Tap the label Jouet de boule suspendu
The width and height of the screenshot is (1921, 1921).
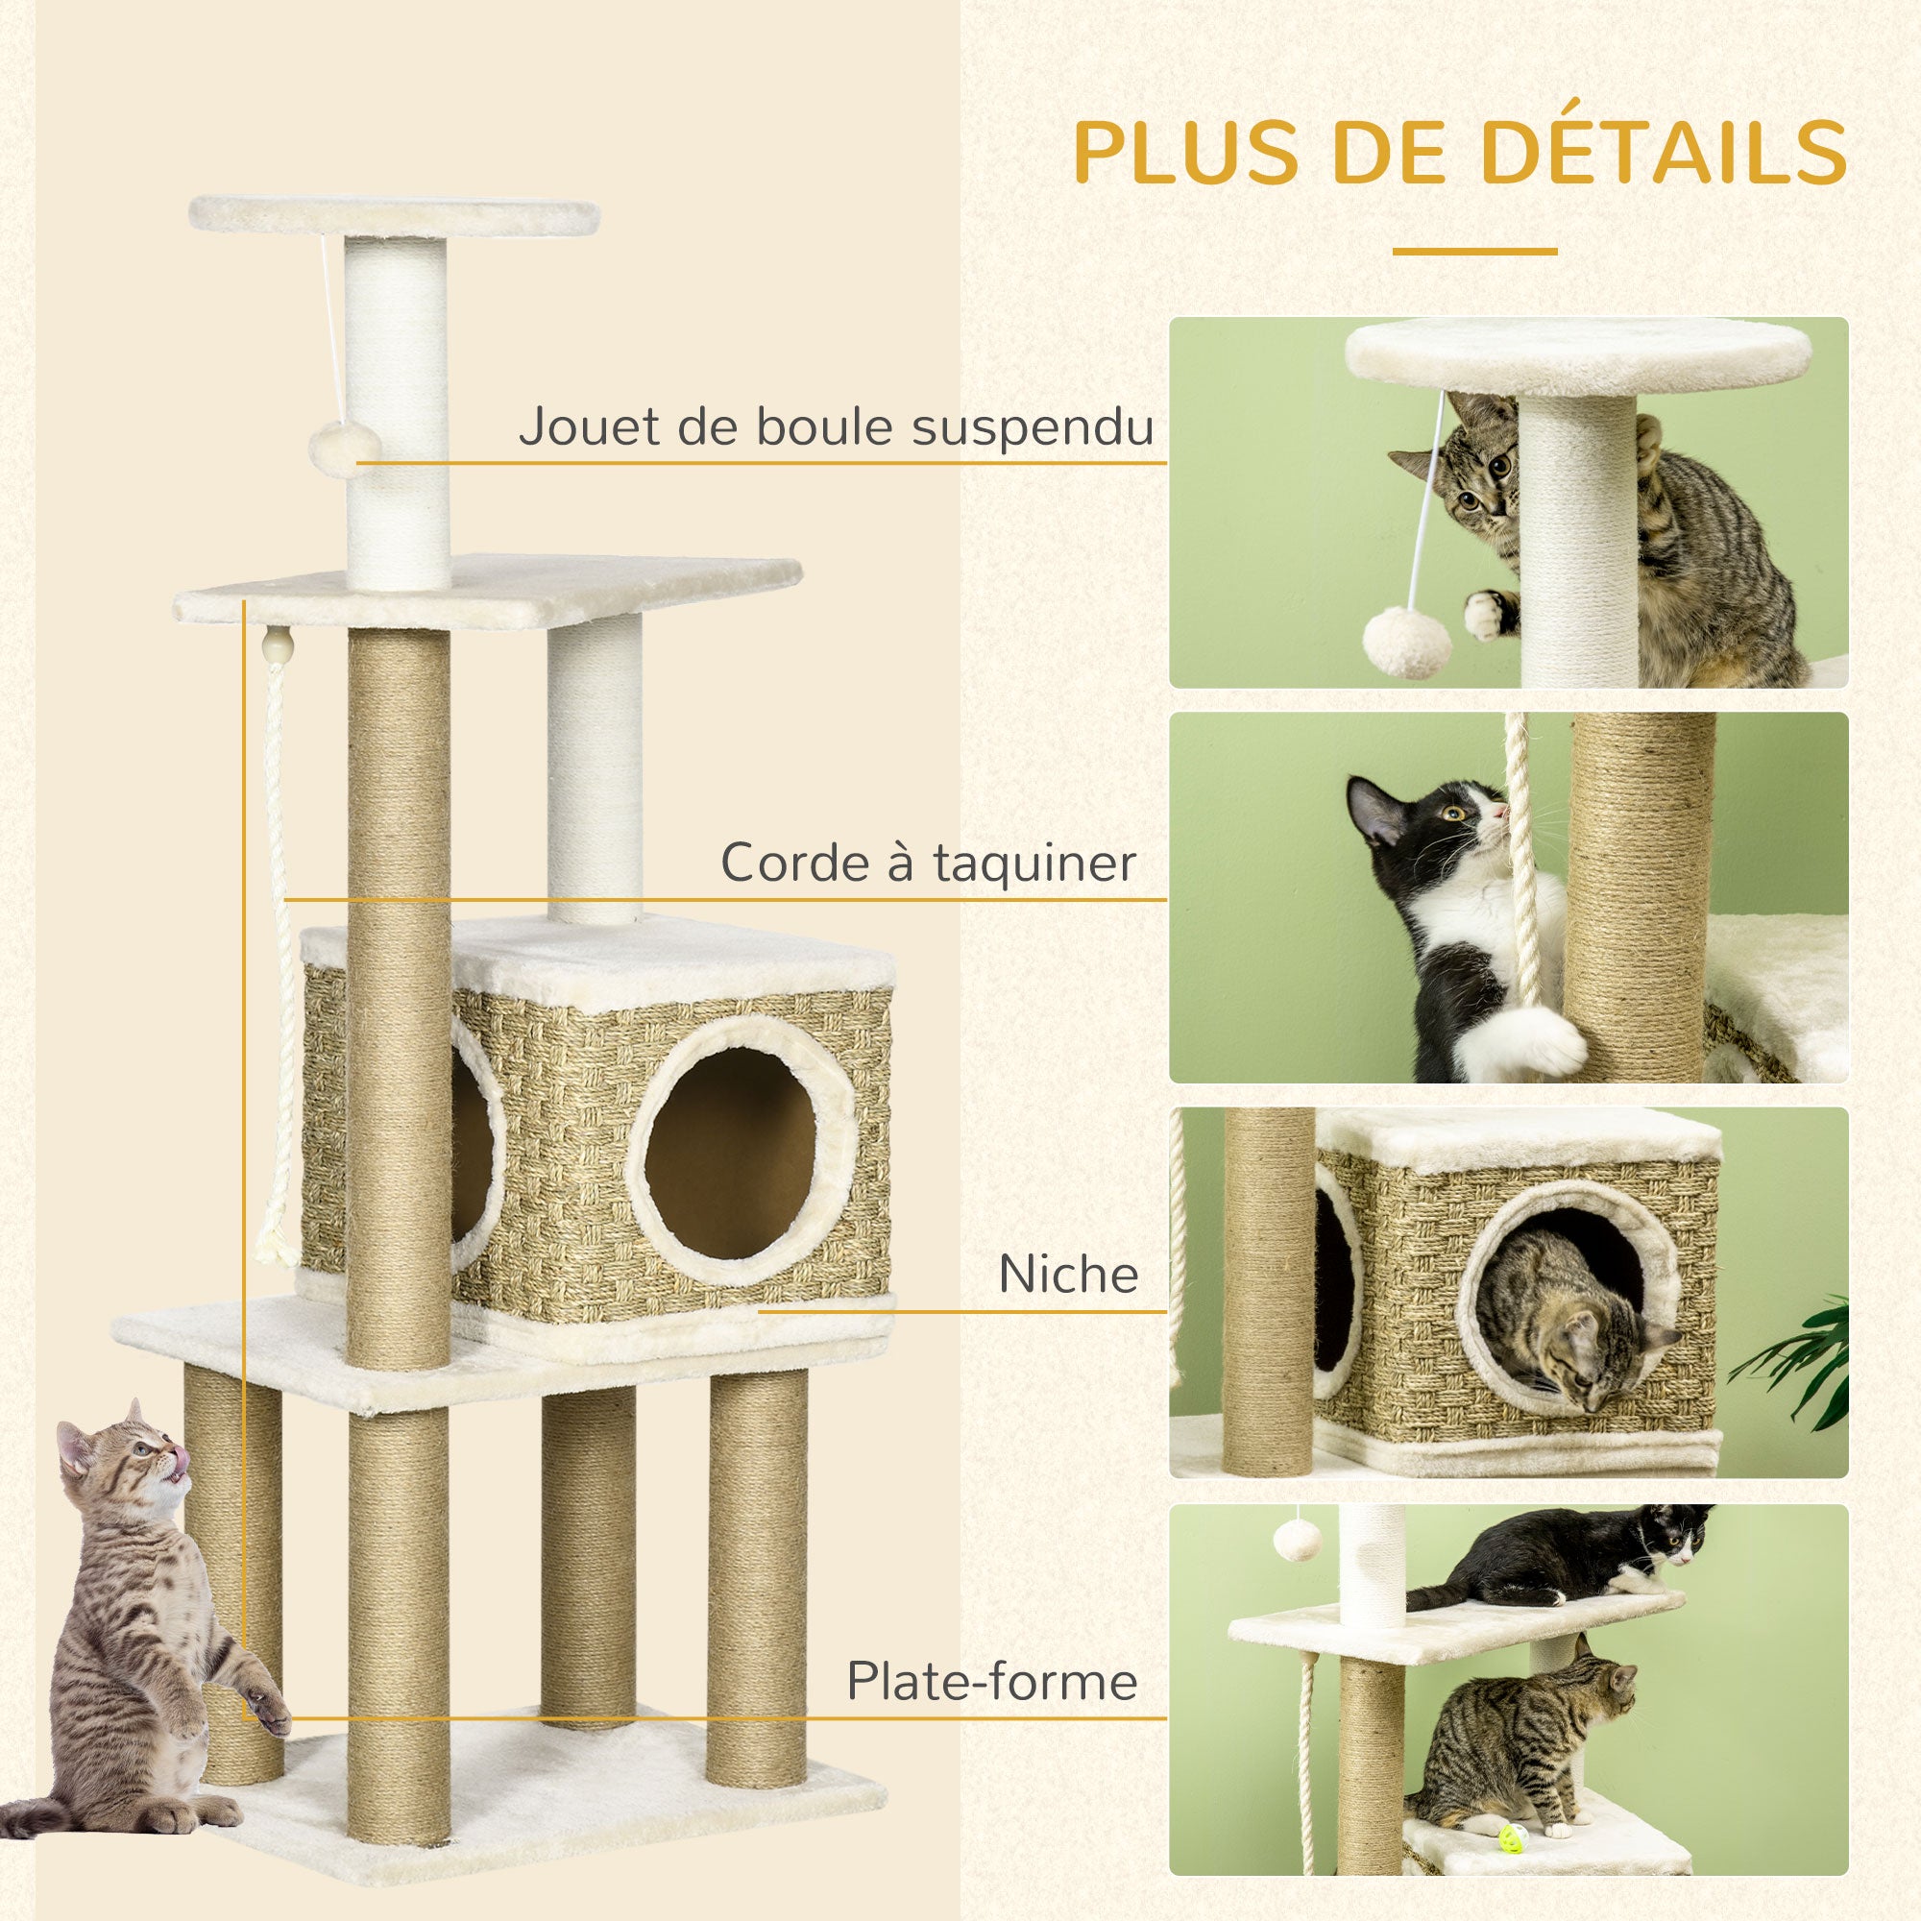pos(836,426)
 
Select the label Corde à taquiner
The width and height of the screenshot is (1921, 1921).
pos(928,863)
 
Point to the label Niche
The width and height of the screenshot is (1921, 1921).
pos(1068,1275)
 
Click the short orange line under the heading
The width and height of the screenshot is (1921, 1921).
pos(1473,252)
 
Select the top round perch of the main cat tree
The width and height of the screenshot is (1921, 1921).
pos(394,214)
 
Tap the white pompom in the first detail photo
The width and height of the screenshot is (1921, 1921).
pos(1407,642)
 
